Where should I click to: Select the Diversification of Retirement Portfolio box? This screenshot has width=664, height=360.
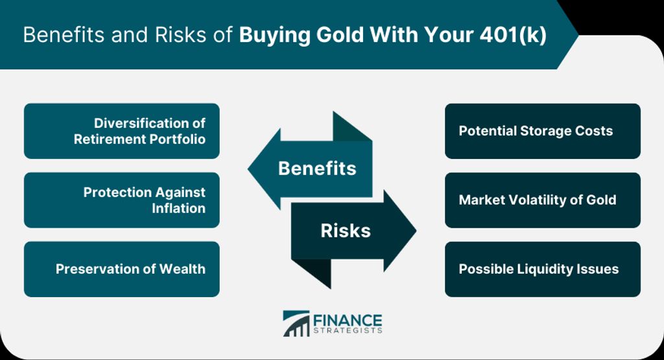(122, 131)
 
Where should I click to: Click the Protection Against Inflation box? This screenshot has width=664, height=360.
(122, 200)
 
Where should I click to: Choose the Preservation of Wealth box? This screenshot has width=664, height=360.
(122, 269)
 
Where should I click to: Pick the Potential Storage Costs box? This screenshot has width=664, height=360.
(543, 131)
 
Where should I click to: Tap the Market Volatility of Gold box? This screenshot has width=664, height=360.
(543, 200)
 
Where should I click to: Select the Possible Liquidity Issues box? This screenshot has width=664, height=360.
(543, 269)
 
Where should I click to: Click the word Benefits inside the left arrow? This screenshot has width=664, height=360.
(317, 169)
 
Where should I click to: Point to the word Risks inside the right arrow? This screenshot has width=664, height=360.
(346, 231)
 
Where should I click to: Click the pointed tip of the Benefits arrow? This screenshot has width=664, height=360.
(248, 169)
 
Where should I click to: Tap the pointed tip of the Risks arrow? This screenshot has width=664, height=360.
(416, 231)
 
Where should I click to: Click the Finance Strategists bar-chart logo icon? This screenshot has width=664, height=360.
(296, 324)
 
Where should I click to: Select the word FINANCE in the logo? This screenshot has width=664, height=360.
(348, 320)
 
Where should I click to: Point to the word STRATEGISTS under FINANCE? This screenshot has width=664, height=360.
(348, 330)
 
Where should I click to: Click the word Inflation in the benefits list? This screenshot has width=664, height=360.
(179, 208)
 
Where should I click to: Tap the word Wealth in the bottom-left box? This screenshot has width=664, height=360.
(182, 269)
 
